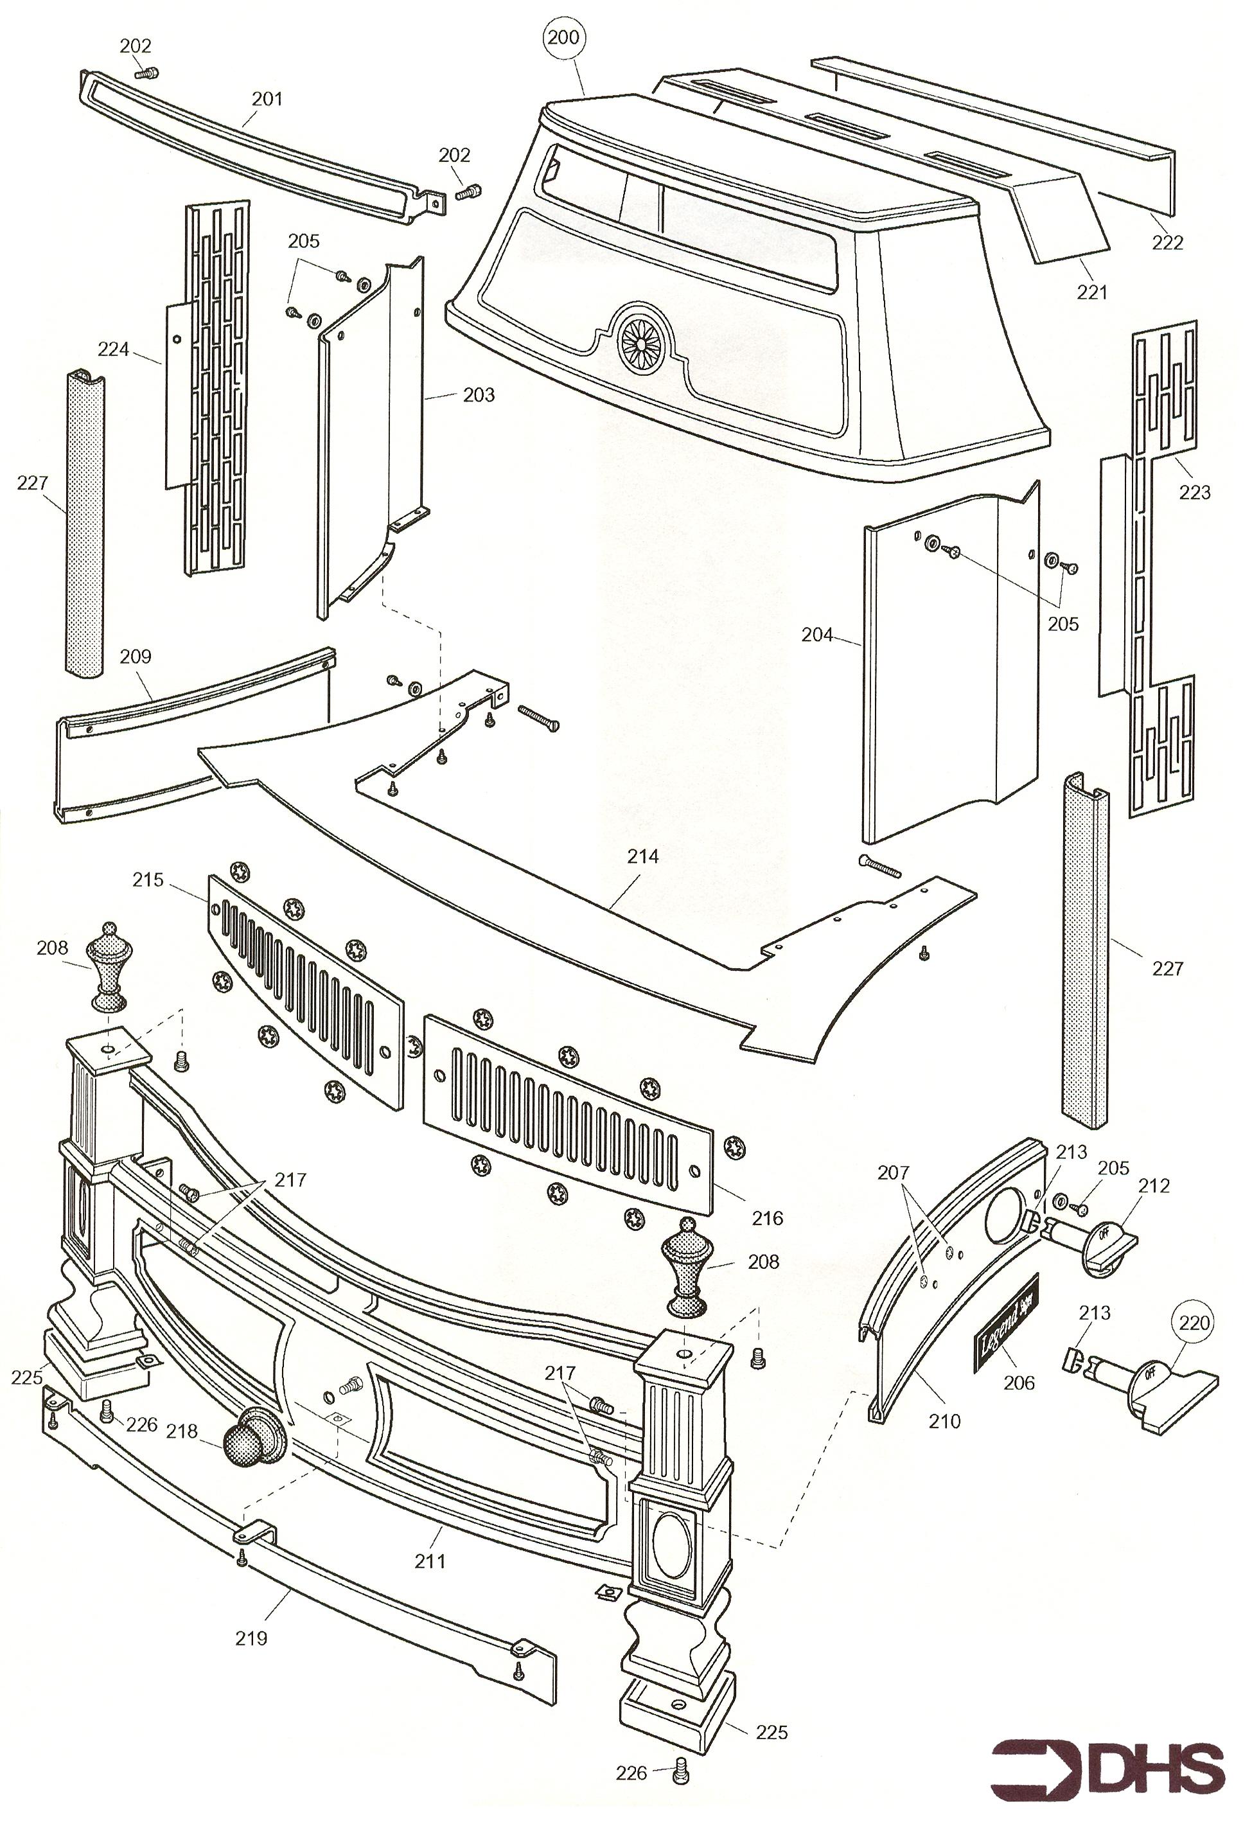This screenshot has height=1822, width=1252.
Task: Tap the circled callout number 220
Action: pos(1195,1322)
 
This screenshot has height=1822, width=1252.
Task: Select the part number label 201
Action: pos(267,99)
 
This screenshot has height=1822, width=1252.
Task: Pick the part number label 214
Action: pos(642,856)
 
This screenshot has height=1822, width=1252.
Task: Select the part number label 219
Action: pos(251,1638)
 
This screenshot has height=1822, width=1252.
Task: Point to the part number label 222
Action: pos(1167,243)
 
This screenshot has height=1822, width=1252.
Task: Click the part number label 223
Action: pos(1195,493)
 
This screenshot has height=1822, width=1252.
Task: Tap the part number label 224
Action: pos(113,349)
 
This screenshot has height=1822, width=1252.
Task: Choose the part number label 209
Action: pos(135,656)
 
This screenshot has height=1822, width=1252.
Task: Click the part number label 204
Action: pos(816,635)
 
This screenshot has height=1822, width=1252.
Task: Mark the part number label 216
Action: pos(767,1218)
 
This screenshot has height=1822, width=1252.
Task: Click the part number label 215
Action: pos(148,880)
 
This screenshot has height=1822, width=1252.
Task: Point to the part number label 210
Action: pos(944,1420)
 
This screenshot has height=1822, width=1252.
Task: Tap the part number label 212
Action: pos(1154,1185)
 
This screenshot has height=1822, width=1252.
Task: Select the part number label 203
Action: pos(479,394)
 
